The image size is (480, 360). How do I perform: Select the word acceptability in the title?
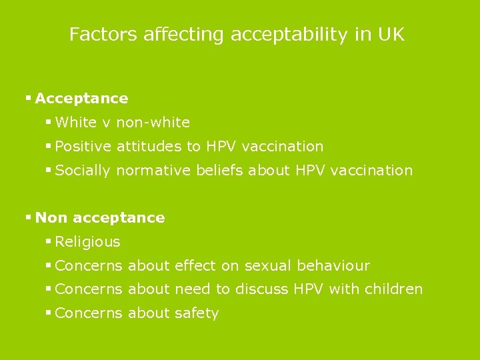(x=289, y=35)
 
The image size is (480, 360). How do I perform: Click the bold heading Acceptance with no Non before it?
(x=81, y=99)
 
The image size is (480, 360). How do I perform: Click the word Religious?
(x=88, y=242)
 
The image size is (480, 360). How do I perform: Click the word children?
(x=394, y=289)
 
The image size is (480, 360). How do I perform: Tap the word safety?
(x=197, y=313)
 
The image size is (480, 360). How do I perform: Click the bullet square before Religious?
(x=49, y=241)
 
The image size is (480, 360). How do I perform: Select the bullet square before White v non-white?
(x=49, y=122)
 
